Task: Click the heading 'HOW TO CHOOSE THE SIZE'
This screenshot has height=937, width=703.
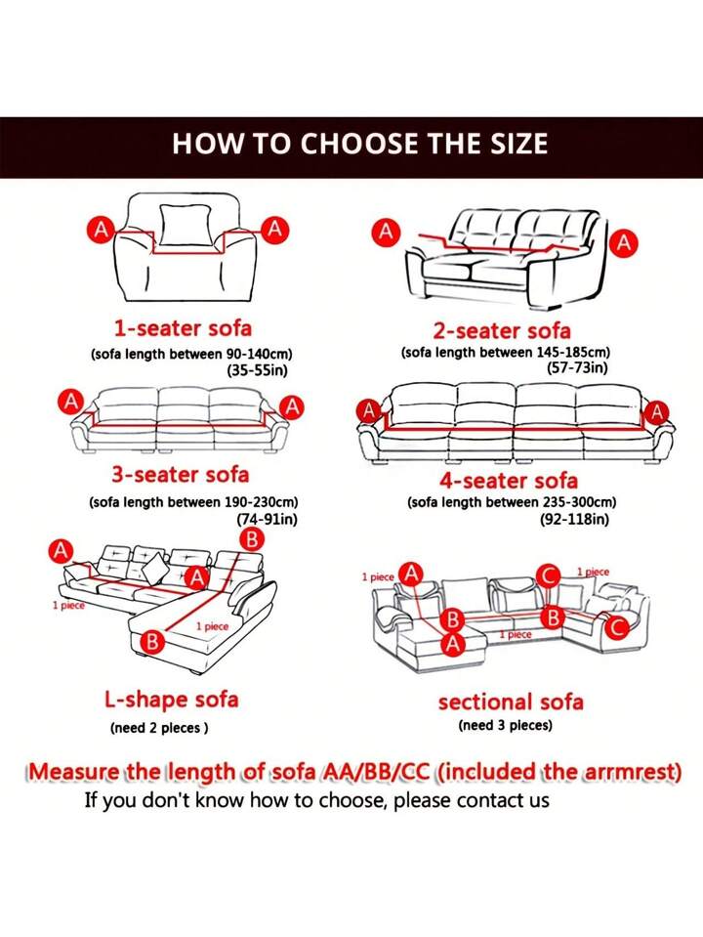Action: coord(359,145)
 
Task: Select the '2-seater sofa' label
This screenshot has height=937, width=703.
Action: coord(502,330)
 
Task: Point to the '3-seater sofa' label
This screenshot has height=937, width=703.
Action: coord(180,475)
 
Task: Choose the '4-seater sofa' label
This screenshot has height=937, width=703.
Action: coord(507,480)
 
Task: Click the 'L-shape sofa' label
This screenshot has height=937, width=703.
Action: coord(171,700)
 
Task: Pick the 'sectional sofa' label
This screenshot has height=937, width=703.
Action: coord(511,702)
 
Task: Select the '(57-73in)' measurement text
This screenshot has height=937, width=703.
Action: coord(577,367)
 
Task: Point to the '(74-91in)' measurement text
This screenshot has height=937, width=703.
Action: coord(267,520)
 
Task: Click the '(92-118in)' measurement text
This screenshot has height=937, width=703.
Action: coord(574,520)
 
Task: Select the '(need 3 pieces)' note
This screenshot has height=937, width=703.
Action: coord(505,725)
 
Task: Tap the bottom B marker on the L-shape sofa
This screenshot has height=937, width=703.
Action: coord(152,642)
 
